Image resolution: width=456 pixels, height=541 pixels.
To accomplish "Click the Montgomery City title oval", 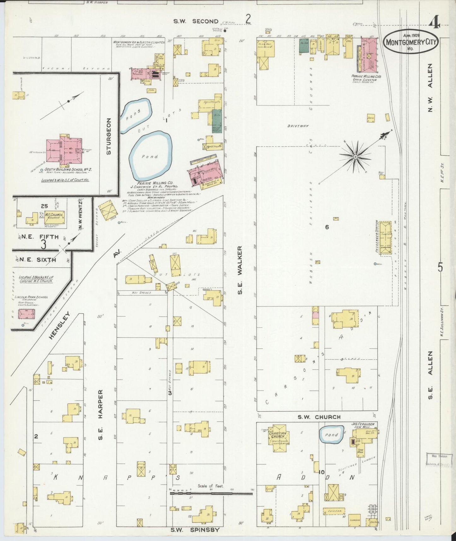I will tap(411, 42).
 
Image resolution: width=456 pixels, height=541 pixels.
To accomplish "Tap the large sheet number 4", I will tap(435, 22).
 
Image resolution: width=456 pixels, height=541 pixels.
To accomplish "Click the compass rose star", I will tap(355, 156).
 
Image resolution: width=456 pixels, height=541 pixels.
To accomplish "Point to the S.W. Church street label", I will tap(319, 417).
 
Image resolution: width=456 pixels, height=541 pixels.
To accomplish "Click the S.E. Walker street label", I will tap(240, 270).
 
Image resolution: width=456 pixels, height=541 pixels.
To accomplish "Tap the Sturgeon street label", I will tap(109, 136).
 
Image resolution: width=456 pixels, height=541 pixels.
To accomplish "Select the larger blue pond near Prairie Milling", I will tap(151, 155).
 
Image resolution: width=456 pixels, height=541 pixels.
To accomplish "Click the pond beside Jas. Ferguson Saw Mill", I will tap(331, 435).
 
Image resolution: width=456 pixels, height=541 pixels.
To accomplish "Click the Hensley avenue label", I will tap(59, 325).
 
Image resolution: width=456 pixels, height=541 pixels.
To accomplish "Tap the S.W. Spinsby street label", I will tap(195, 530).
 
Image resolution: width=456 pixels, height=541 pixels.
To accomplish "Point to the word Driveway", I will tap(298, 126).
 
